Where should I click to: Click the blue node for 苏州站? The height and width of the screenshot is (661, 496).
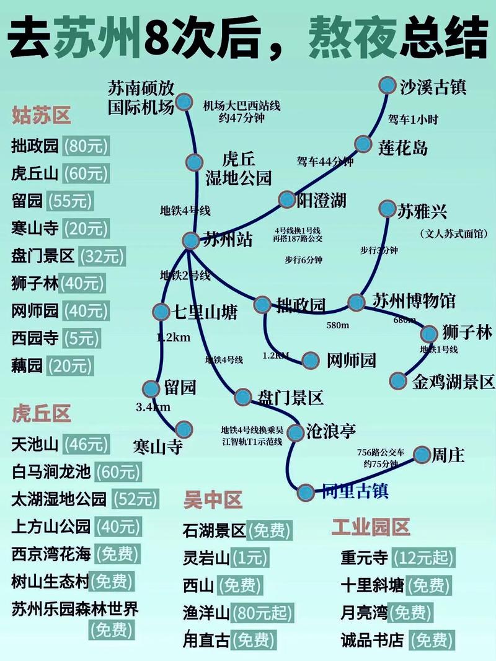[192, 240]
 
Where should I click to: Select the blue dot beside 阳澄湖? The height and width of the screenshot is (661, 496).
[286, 199]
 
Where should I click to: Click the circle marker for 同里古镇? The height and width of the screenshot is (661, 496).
[306, 492]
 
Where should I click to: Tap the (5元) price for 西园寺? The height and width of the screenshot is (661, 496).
[81, 338]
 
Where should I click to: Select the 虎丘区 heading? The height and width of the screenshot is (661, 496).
[41, 413]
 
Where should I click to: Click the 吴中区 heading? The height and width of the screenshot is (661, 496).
[213, 499]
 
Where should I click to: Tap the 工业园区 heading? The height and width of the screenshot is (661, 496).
[371, 527]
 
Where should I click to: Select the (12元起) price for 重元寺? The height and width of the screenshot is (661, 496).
[424, 558]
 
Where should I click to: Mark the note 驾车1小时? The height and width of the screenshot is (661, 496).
[413, 119]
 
